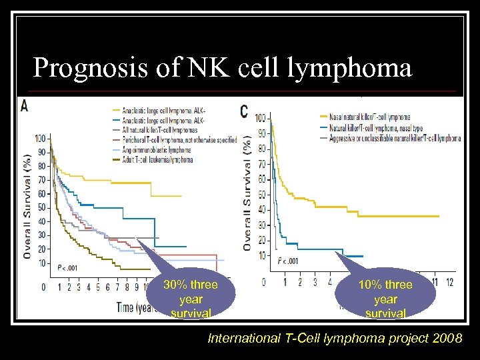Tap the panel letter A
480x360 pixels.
(x=25, y=105)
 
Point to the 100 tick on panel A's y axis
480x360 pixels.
(x=41, y=139)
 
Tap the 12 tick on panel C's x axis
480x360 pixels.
(x=450, y=282)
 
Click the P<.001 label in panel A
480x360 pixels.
(x=67, y=267)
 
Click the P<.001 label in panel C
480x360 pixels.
(x=289, y=262)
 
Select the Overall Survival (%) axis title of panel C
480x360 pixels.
(x=247, y=193)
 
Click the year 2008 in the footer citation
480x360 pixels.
(x=447, y=339)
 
